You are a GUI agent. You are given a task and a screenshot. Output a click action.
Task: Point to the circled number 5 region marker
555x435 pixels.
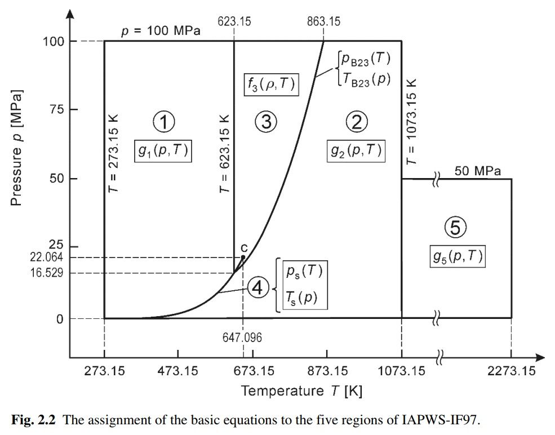point(456,228)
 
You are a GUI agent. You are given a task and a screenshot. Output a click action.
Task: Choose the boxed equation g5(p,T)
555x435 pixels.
point(456,256)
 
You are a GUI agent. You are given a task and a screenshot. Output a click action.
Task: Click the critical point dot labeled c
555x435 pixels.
point(243,257)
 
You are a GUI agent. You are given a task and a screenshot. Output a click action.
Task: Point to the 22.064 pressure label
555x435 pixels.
point(47,258)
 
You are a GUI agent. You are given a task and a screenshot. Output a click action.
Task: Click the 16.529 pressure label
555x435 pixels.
point(47,273)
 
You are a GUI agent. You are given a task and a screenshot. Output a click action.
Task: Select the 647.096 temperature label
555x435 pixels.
point(242,338)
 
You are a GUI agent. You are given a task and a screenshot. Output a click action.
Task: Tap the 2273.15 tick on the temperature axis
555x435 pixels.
point(511,371)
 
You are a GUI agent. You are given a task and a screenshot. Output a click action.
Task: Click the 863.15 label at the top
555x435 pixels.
point(323,22)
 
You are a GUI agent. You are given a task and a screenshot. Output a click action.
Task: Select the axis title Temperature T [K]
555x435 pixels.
point(301,390)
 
